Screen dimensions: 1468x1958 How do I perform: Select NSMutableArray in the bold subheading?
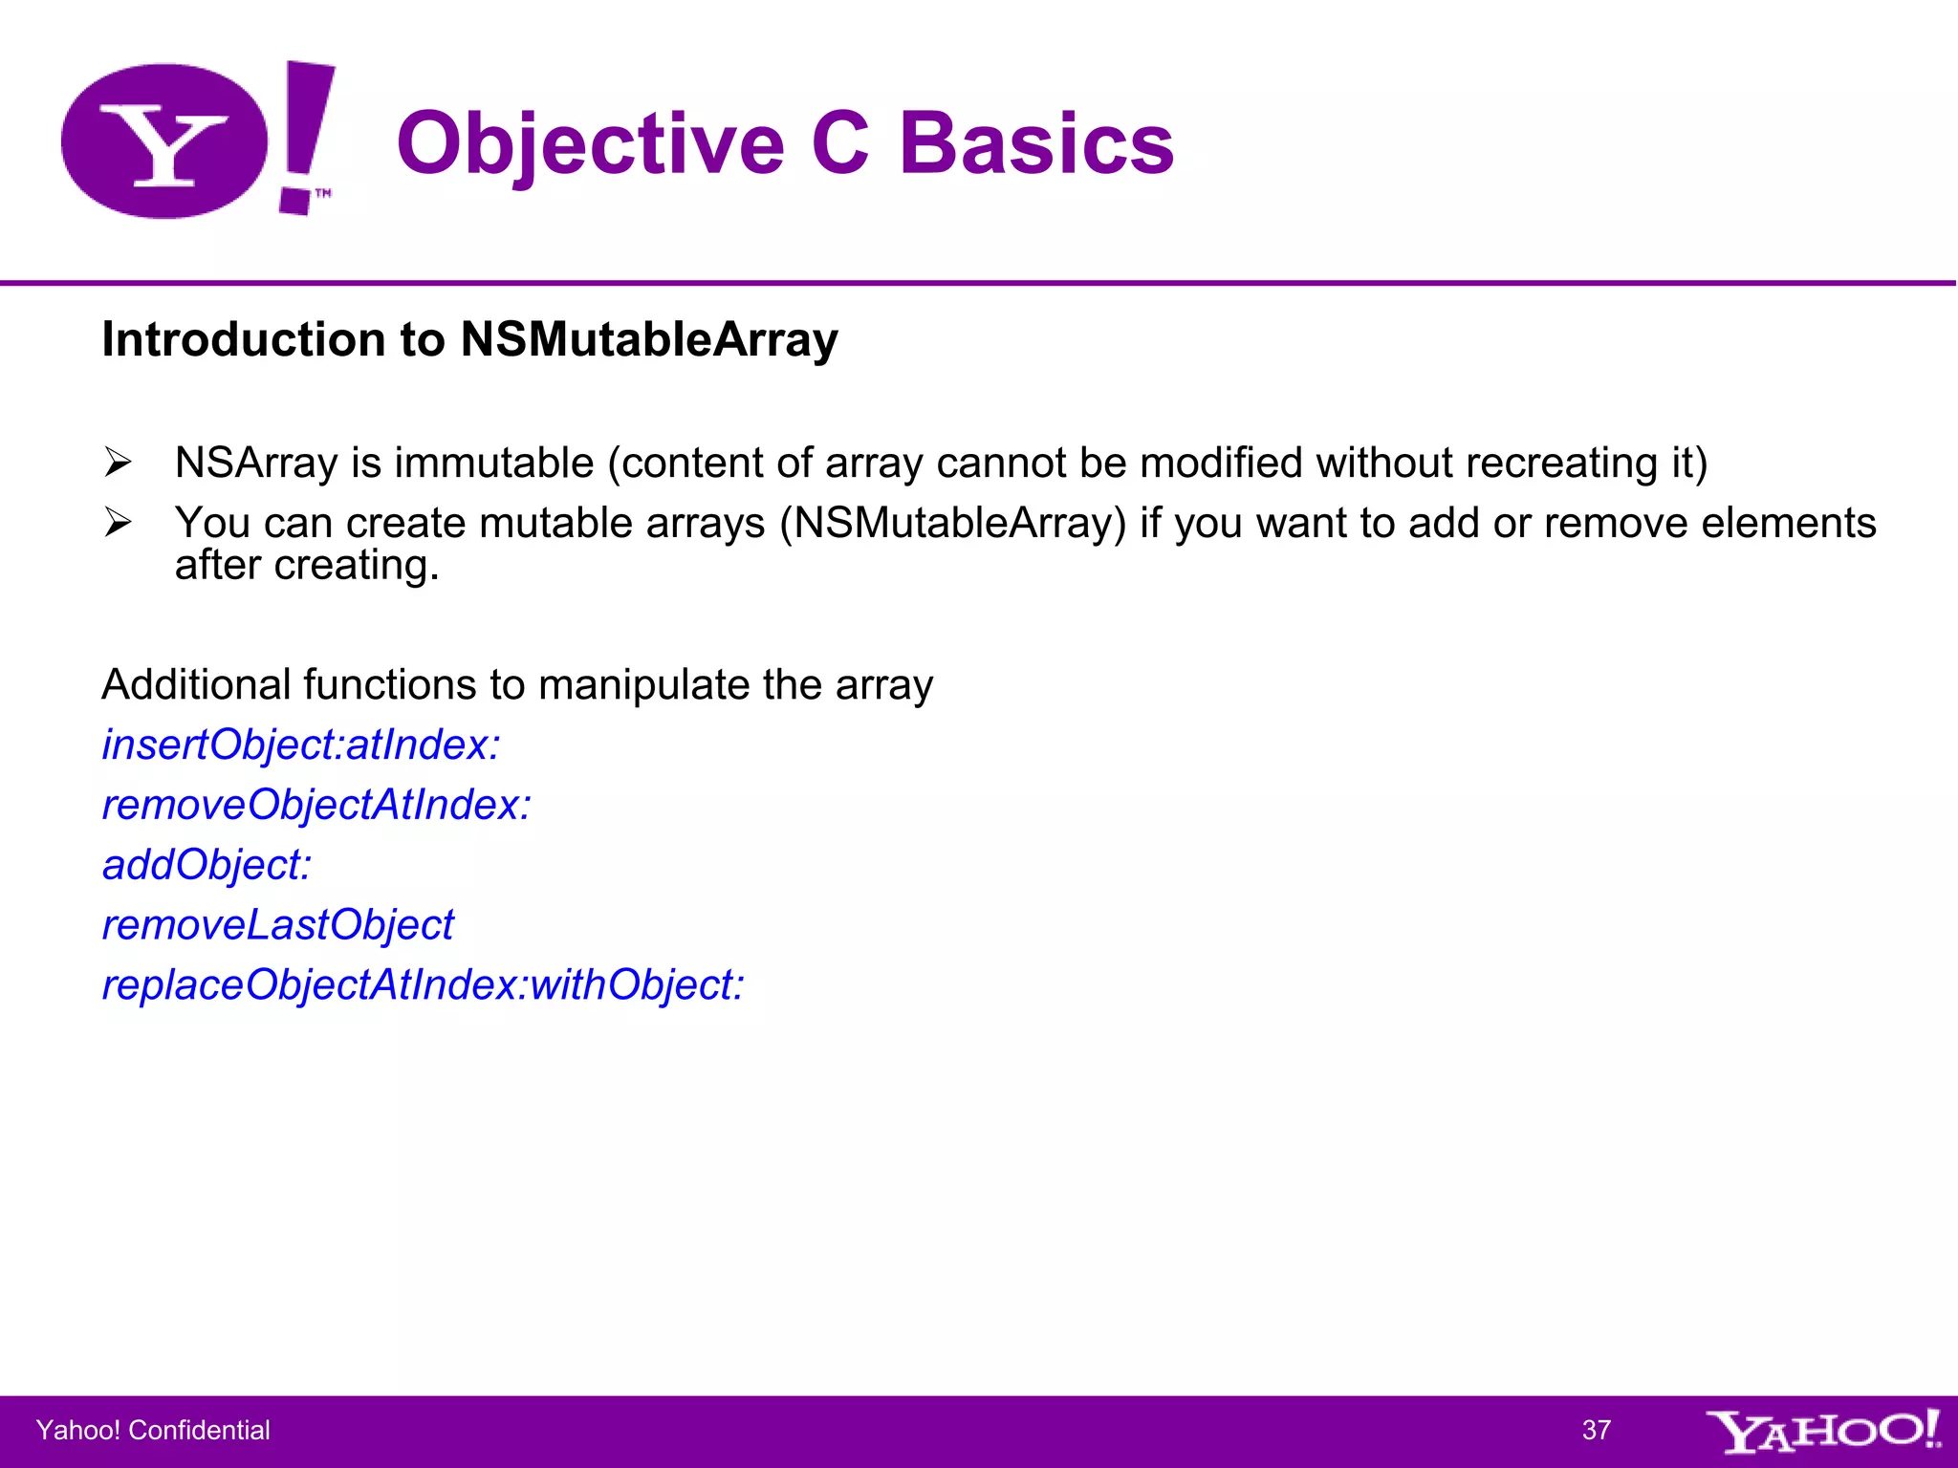click(x=649, y=339)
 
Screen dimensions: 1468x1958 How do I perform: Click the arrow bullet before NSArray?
click(x=118, y=464)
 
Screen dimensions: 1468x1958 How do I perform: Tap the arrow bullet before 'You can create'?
click(x=118, y=523)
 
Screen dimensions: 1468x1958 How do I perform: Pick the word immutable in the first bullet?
click(x=494, y=464)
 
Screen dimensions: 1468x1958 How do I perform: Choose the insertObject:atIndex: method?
click(x=301, y=745)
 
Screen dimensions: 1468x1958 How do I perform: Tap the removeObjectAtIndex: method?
click(x=316, y=806)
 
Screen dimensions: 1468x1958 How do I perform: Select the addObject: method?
click(x=207, y=866)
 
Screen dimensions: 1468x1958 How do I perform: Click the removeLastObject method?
click(x=278, y=925)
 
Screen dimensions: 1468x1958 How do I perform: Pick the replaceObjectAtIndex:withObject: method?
click(x=423, y=985)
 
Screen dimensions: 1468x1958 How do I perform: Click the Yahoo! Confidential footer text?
click(x=153, y=1431)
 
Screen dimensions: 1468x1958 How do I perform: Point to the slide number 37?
click(x=1597, y=1431)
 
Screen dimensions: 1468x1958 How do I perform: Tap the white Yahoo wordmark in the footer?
click(x=1823, y=1431)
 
